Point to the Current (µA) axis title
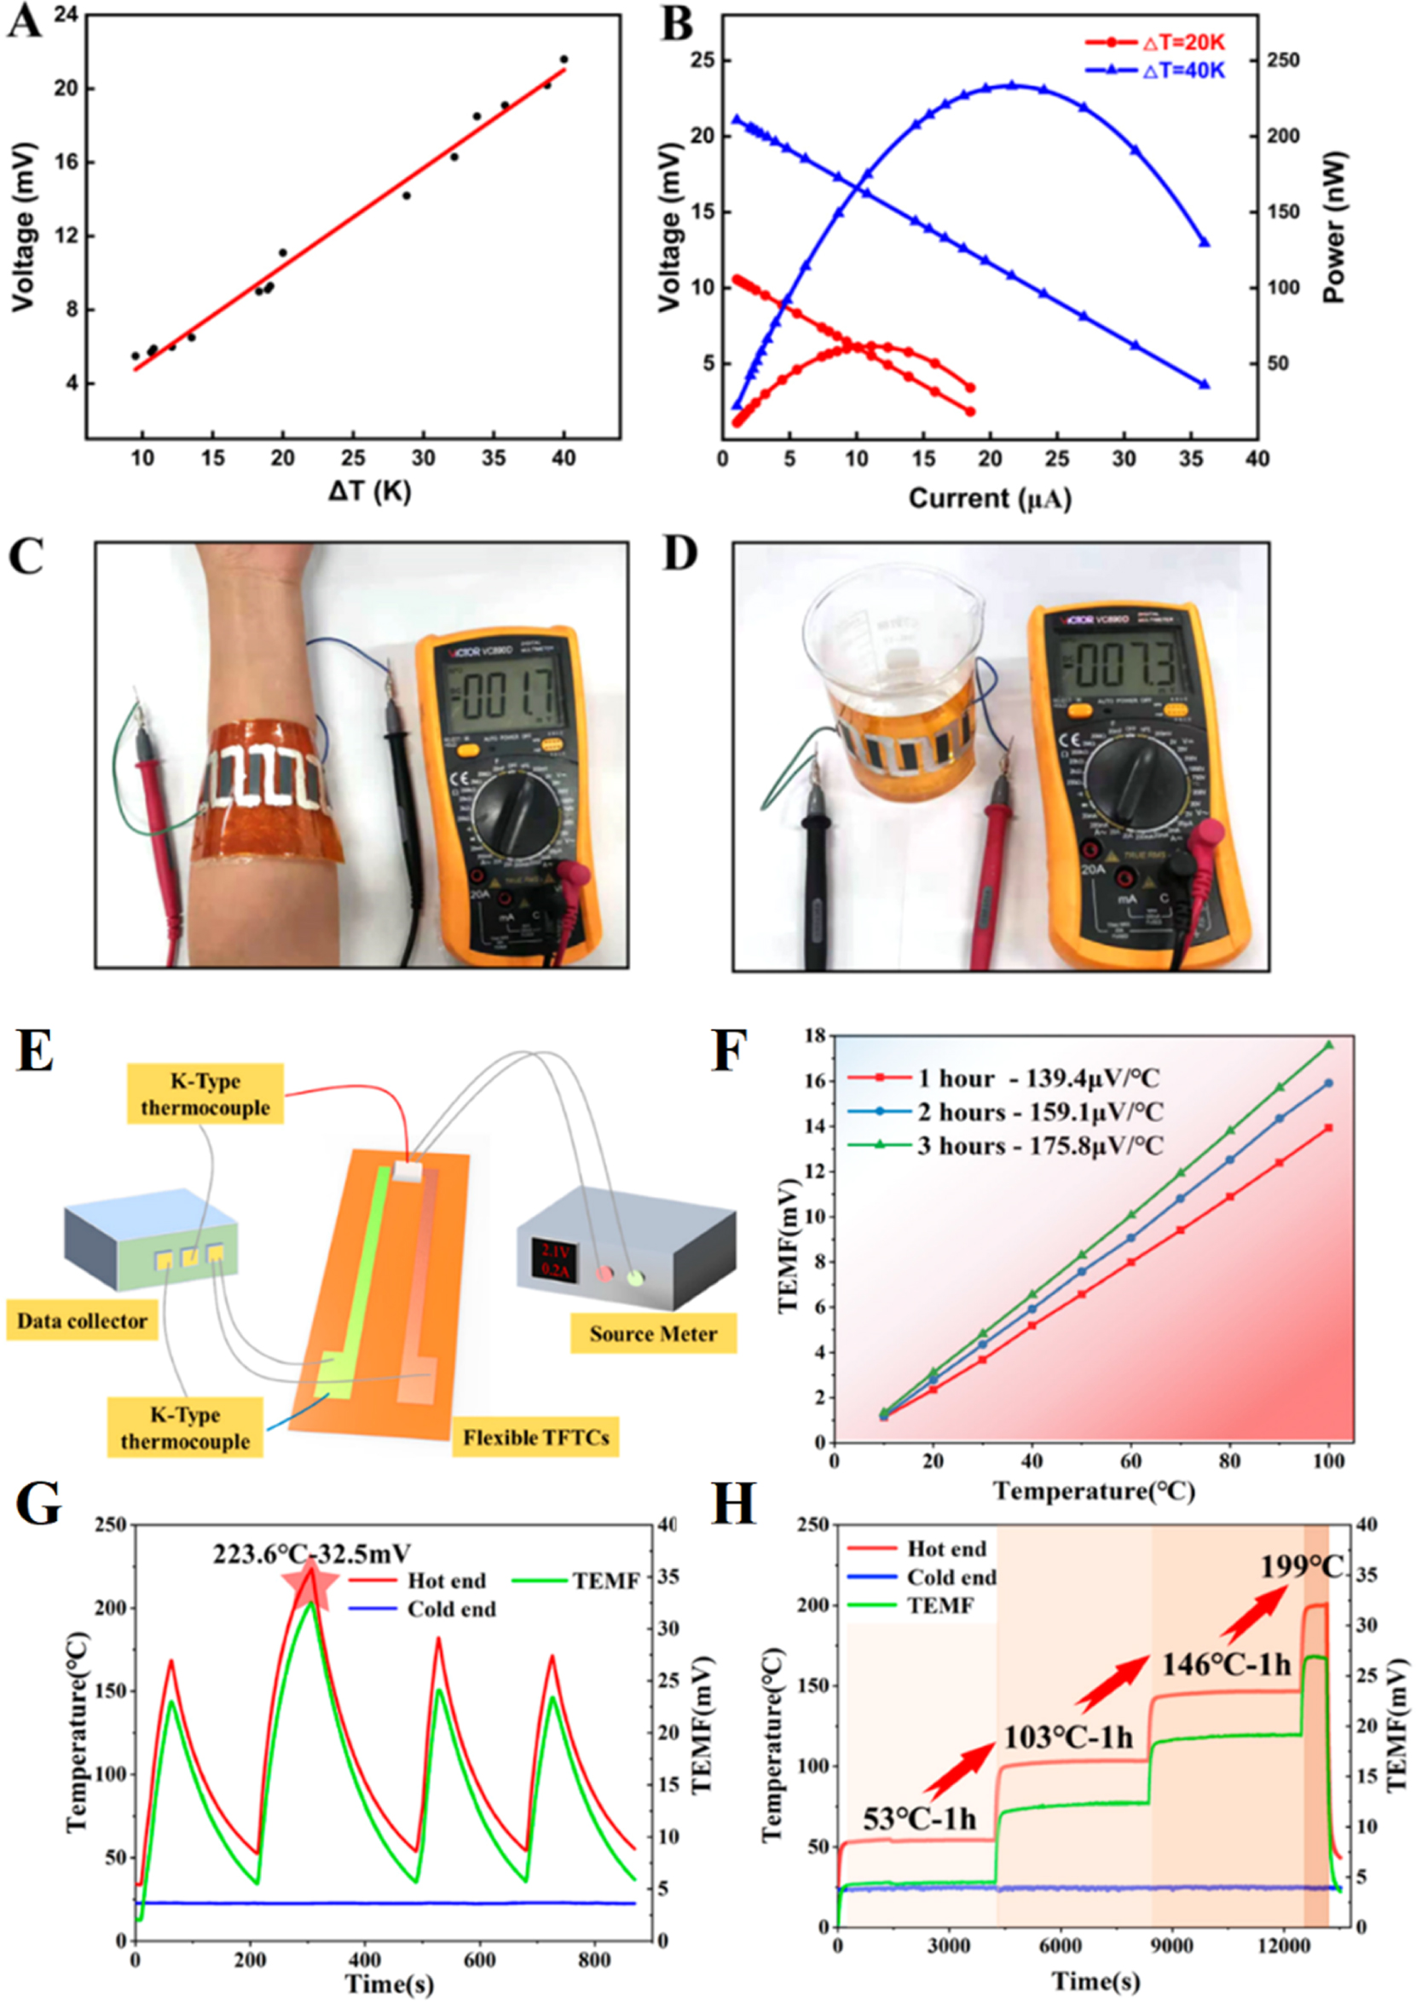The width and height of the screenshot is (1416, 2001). pyautogui.click(x=989, y=498)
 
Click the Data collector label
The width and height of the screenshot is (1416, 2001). pyautogui.click(x=82, y=1321)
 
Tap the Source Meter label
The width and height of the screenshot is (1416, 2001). pyautogui.click(x=653, y=1334)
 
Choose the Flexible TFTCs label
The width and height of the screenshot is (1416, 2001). pyautogui.click(x=535, y=1437)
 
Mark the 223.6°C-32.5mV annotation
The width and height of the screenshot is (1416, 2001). pyautogui.click(x=312, y=1552)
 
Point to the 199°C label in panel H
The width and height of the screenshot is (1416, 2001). pyautogui.click(x=1301, y=1566)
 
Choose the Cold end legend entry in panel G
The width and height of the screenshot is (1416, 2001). pyautogui.click(x=452, y=1609)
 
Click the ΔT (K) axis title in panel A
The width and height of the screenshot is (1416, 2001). pyautogui.click(x=369, y=492)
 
